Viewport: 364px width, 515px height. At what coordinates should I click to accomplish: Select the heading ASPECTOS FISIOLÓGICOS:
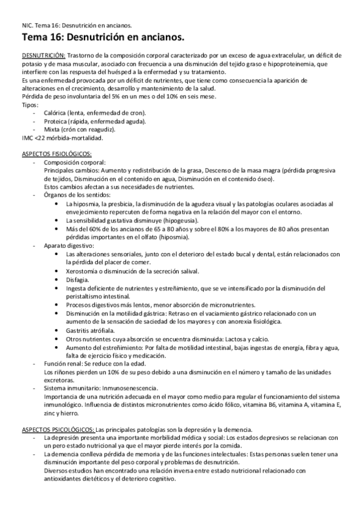[57, 154]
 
